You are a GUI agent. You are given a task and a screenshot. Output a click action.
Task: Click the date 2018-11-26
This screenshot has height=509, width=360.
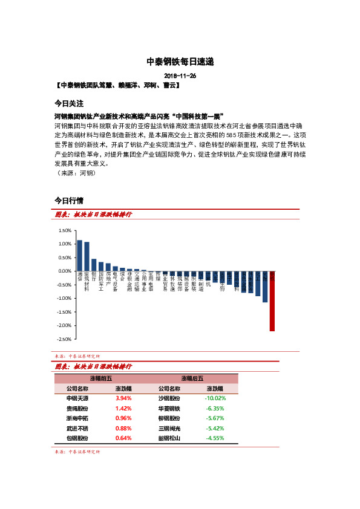(x=180, y=76)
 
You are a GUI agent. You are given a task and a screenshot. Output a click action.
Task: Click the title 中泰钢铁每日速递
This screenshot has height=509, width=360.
(x=180, y=62)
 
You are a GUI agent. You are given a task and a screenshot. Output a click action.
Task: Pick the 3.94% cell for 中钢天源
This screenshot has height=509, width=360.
(x=123, y=399)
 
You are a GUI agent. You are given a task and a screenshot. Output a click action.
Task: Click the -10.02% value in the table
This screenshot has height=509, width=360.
(x=215, y=399)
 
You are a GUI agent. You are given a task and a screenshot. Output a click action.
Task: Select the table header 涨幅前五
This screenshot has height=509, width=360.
(x=100, y=378)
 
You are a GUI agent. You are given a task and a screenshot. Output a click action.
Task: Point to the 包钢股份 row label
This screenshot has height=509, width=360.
(x=77, y=438)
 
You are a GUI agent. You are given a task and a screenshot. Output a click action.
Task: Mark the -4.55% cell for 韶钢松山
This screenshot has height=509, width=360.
(x=215, y=438)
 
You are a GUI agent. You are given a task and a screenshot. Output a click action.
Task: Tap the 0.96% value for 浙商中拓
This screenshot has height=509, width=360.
(x=123, y=418)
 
